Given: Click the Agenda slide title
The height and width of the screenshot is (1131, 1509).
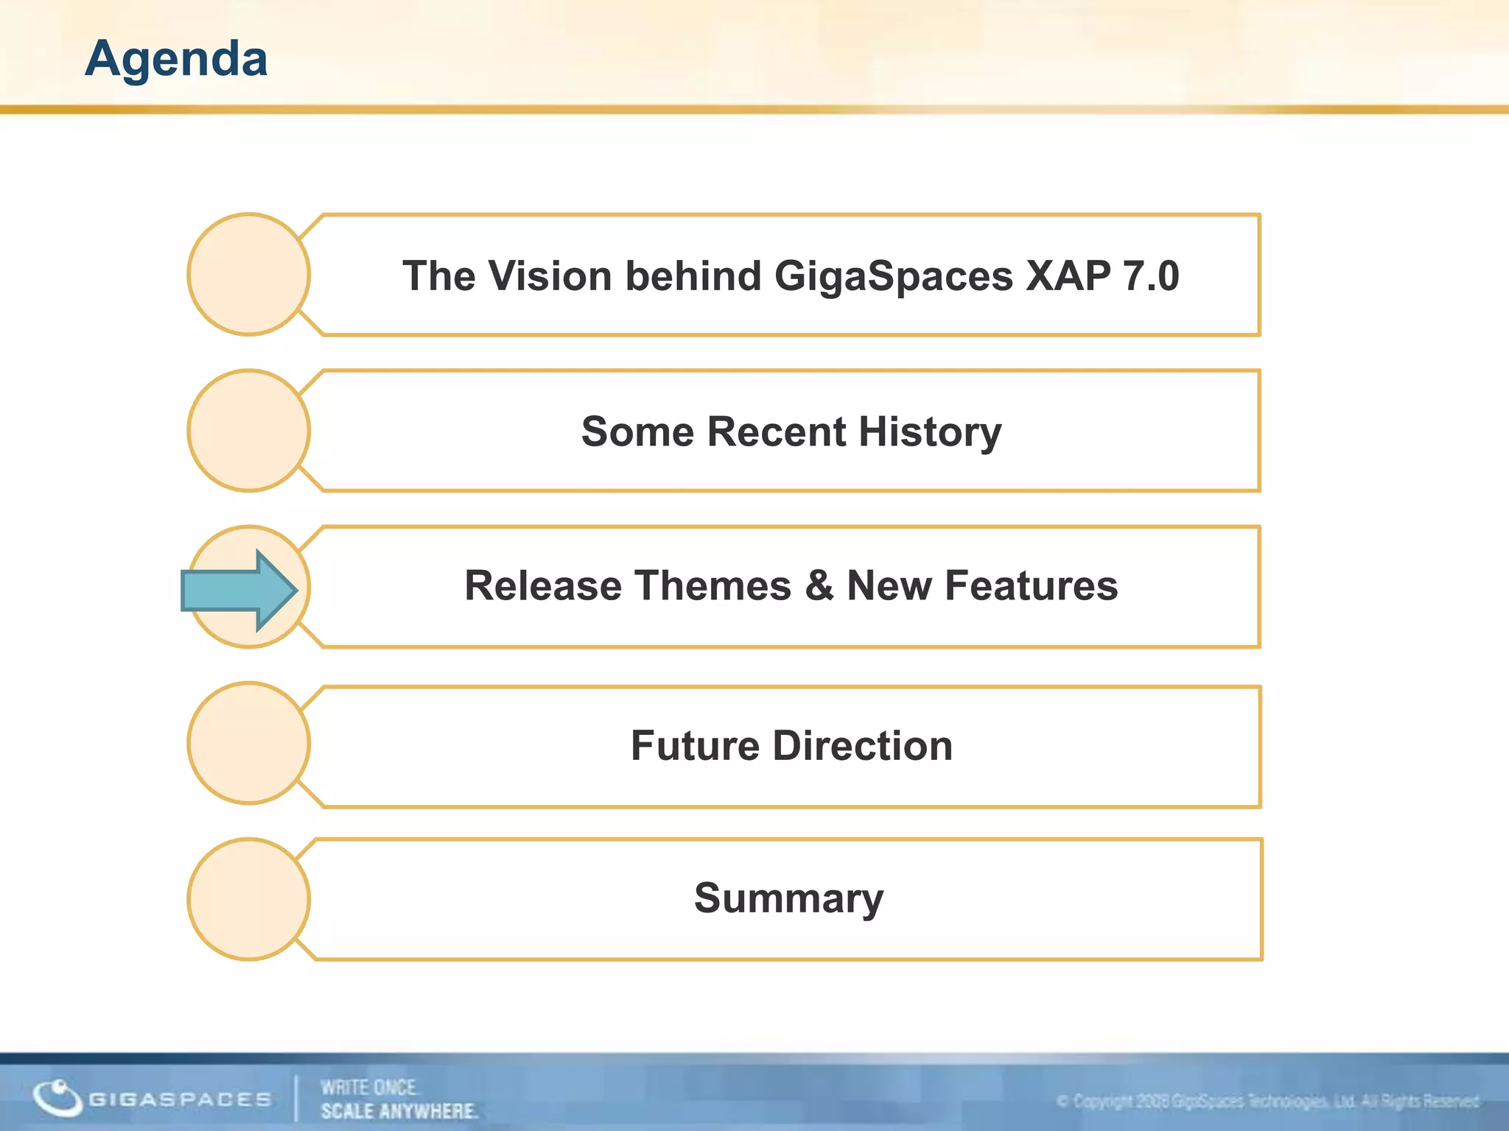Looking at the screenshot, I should click(176, 59).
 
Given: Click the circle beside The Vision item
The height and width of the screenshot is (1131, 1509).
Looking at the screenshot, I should click(248, 275).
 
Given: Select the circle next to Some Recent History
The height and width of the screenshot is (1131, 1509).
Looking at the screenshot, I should click(248, 431).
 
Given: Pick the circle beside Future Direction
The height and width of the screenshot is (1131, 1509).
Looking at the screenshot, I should click(248, 744).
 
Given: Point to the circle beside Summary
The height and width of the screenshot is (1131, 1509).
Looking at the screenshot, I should click(248, 899).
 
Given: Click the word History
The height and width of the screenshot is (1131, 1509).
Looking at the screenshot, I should click(930, 432).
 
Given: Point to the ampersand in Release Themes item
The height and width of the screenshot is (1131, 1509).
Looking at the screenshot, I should click(819, 586).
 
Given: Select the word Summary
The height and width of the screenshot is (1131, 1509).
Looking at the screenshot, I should click(788, 899).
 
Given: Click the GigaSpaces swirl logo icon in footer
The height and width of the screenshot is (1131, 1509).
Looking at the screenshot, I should click(57, 1098).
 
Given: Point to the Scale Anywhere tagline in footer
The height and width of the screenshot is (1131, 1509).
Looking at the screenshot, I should click(399, 1110).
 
